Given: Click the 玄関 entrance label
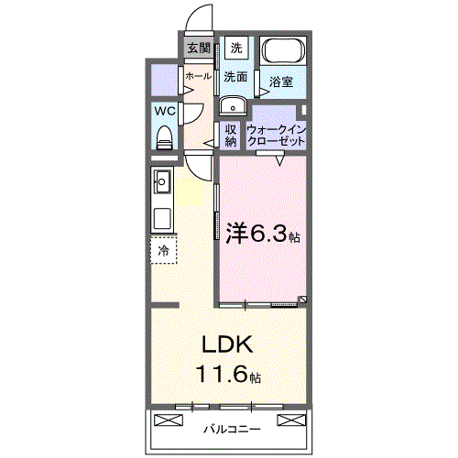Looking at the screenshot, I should click(198, 48).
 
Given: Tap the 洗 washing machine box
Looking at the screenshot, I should click(236, 48).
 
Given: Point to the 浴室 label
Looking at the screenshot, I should click(281, 82).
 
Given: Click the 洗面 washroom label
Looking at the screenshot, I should click(236, 77).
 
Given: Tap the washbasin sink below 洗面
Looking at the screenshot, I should click(230, 103).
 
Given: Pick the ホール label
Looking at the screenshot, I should click(198, 77).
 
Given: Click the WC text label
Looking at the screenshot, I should click(165, 111).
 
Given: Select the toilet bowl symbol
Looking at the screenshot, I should click(165, 136).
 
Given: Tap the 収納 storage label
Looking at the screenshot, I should click(232, 135).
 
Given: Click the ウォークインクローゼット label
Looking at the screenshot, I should click(276, 136).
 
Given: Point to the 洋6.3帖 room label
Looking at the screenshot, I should click(262, 234).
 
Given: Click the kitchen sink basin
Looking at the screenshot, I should click(164, 181).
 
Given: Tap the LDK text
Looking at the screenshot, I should click(227, 346).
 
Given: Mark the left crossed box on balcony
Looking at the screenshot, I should click(169, 420).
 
